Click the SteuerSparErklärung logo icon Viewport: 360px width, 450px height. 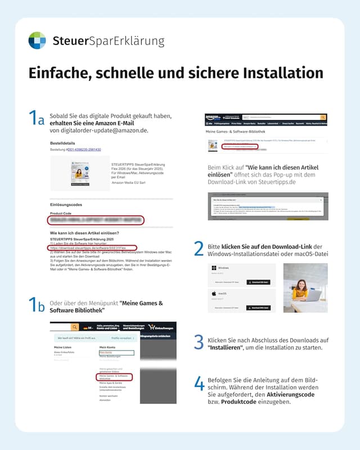(37, 40)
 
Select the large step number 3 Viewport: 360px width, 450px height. (199, 343)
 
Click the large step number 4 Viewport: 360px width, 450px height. (199, 384)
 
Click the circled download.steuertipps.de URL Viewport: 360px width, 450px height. (92, 247)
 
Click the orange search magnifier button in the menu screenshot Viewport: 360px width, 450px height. (74, 327)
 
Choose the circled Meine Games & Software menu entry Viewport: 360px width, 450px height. (114, 377)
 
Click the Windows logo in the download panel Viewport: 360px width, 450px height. (213, 268)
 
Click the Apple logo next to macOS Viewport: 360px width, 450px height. (213, 294)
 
